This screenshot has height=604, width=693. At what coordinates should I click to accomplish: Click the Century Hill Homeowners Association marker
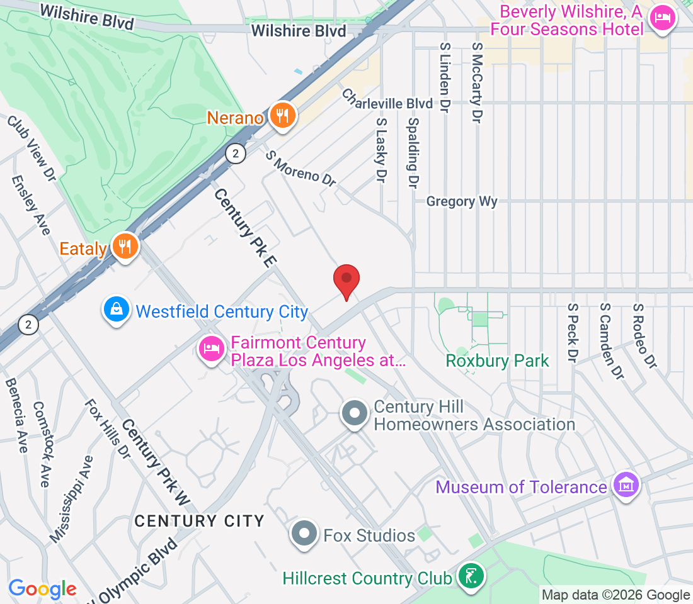355,414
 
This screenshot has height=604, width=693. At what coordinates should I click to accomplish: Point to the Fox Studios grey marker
305,535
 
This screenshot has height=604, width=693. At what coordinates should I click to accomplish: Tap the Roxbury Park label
497,361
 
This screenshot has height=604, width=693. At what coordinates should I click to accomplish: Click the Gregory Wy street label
462,201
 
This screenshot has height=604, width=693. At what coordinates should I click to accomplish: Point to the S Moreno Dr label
301,168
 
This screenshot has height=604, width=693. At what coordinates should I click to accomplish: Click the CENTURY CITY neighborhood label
199,521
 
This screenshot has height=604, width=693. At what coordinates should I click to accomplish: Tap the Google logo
42,589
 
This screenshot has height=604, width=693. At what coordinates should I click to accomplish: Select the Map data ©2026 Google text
616,595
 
